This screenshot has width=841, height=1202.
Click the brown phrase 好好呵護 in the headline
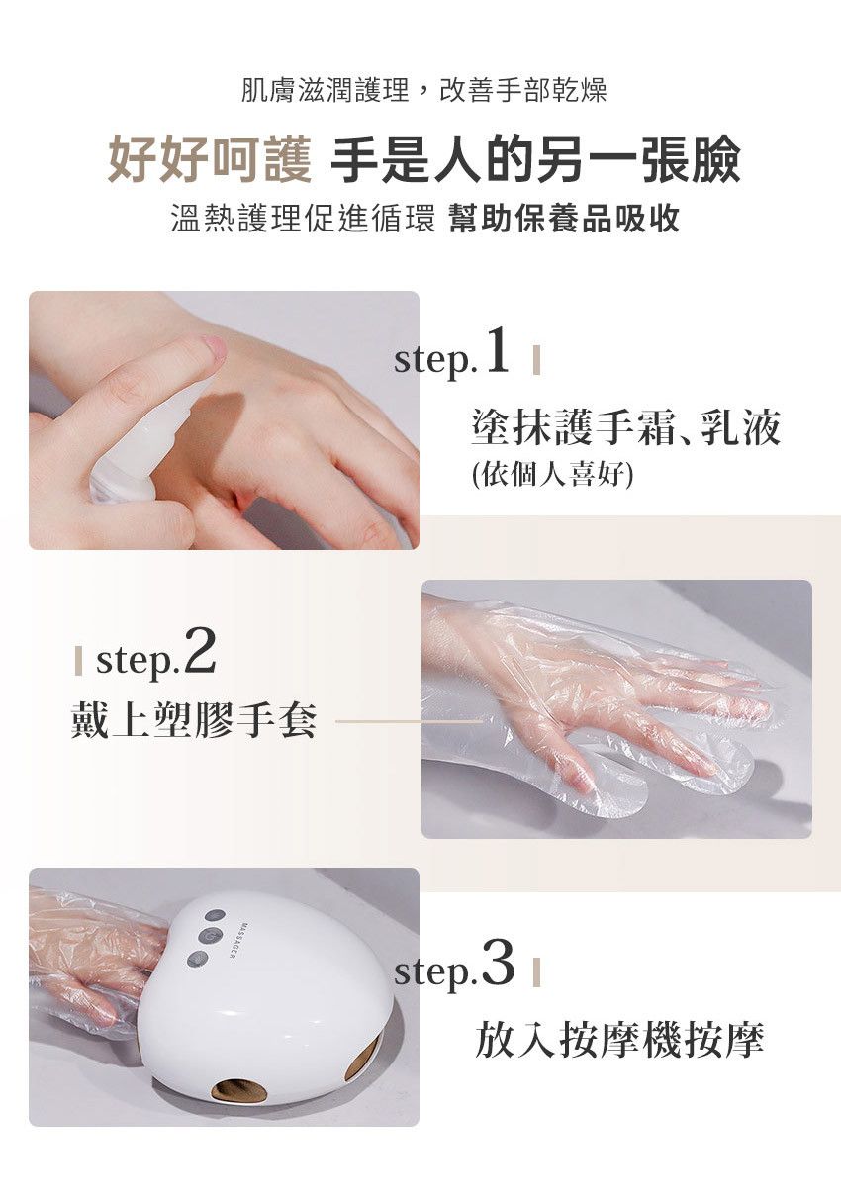(209, 161)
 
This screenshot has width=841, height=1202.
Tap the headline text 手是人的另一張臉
(534, 161)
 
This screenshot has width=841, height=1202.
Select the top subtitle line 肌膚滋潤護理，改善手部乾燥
(423, 91)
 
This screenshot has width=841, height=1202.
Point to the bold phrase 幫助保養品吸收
(564, 219)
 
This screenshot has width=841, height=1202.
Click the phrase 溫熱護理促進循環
(303, 219)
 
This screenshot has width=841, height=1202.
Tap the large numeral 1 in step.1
(497, 353)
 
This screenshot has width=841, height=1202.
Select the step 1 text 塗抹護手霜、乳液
(626, 428)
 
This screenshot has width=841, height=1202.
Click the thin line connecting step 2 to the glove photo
(406, 721)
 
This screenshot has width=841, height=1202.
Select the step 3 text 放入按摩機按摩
(619, 1040)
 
